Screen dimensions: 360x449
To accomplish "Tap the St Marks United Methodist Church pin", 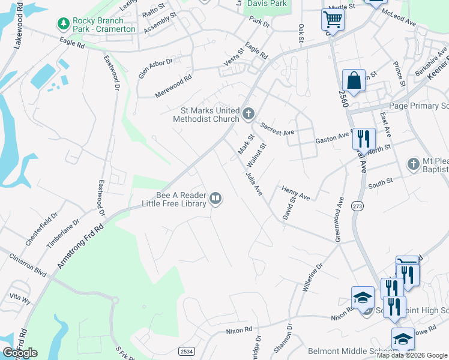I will pyautogui.click(x=249, y=113).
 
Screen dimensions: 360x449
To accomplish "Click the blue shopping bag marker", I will pyautogui.click(x=354, y=81).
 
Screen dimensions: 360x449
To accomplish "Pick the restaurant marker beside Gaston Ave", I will pyautogui.click(x=363, y=139).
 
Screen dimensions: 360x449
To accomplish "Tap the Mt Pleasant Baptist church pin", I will pyautogui.click(x=413, y=164).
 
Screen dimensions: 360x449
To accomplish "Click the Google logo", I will pyautogui.click(x=20, y=353).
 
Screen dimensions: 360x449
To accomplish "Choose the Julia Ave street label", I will pyautogui.click(x=253, y=183).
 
